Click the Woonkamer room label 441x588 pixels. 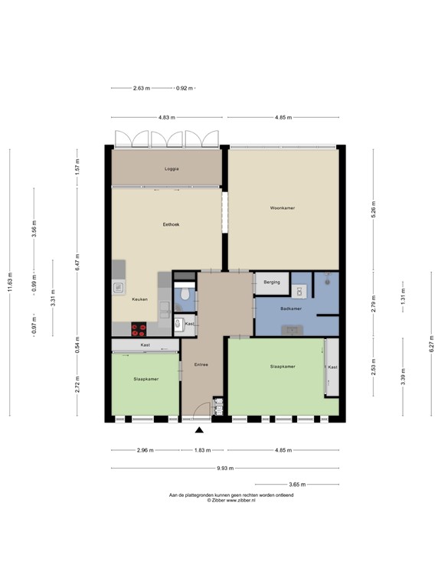coord(283,208)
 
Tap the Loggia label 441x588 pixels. coord(171,168)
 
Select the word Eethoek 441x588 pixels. coord(171,224)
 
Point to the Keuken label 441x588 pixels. coord(140,299)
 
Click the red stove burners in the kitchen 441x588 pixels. coord(139,329)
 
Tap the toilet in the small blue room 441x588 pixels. coord(185,295)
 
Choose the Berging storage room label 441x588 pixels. coord(272,283)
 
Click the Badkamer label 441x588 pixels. coord(291,309)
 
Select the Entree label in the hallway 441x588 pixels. coord(201,364)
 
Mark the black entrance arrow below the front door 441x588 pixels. coord(200,432)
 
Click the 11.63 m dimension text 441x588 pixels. coord(11,283)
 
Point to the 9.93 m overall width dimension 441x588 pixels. coord(224,468)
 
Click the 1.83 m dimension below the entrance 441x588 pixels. coord(200,449)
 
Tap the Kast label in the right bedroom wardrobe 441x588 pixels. coord(332,367)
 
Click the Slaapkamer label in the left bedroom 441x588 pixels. coord(145,378)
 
